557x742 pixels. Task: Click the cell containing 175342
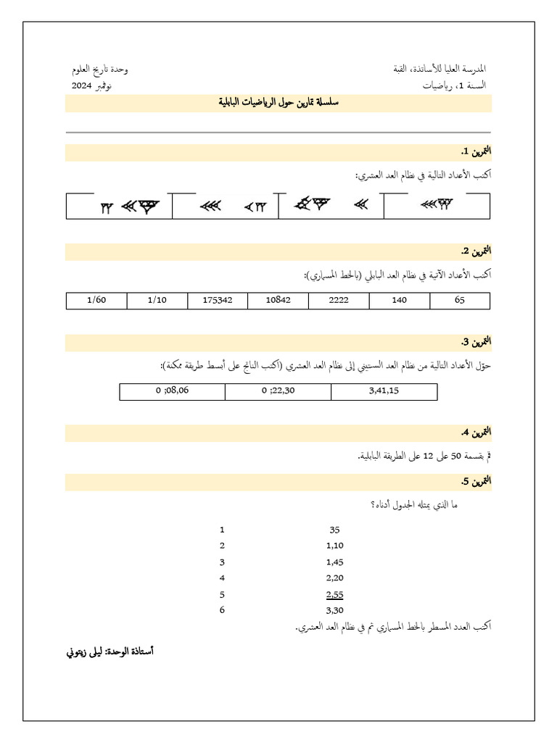(218, 301)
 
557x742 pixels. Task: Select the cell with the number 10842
(278, 301)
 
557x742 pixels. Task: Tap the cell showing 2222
(339, 301)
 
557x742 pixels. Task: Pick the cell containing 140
(399, 301)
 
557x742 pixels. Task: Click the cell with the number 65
(460, 301)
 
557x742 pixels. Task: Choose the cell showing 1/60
(96, 301)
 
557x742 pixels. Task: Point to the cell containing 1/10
(157, 301)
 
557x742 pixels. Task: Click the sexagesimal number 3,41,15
(384, 392)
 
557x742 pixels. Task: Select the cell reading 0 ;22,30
(278, 392)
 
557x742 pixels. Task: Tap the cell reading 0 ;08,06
(173, 392)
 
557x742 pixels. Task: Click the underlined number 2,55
(334, 594)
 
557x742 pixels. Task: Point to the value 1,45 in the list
(334, 562)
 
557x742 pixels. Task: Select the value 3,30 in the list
(334, 610)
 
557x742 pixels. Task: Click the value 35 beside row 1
(334, 530)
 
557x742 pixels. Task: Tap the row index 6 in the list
(222, 610)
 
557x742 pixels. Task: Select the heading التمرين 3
(476, 342)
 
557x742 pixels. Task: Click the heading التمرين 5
(476, 481)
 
